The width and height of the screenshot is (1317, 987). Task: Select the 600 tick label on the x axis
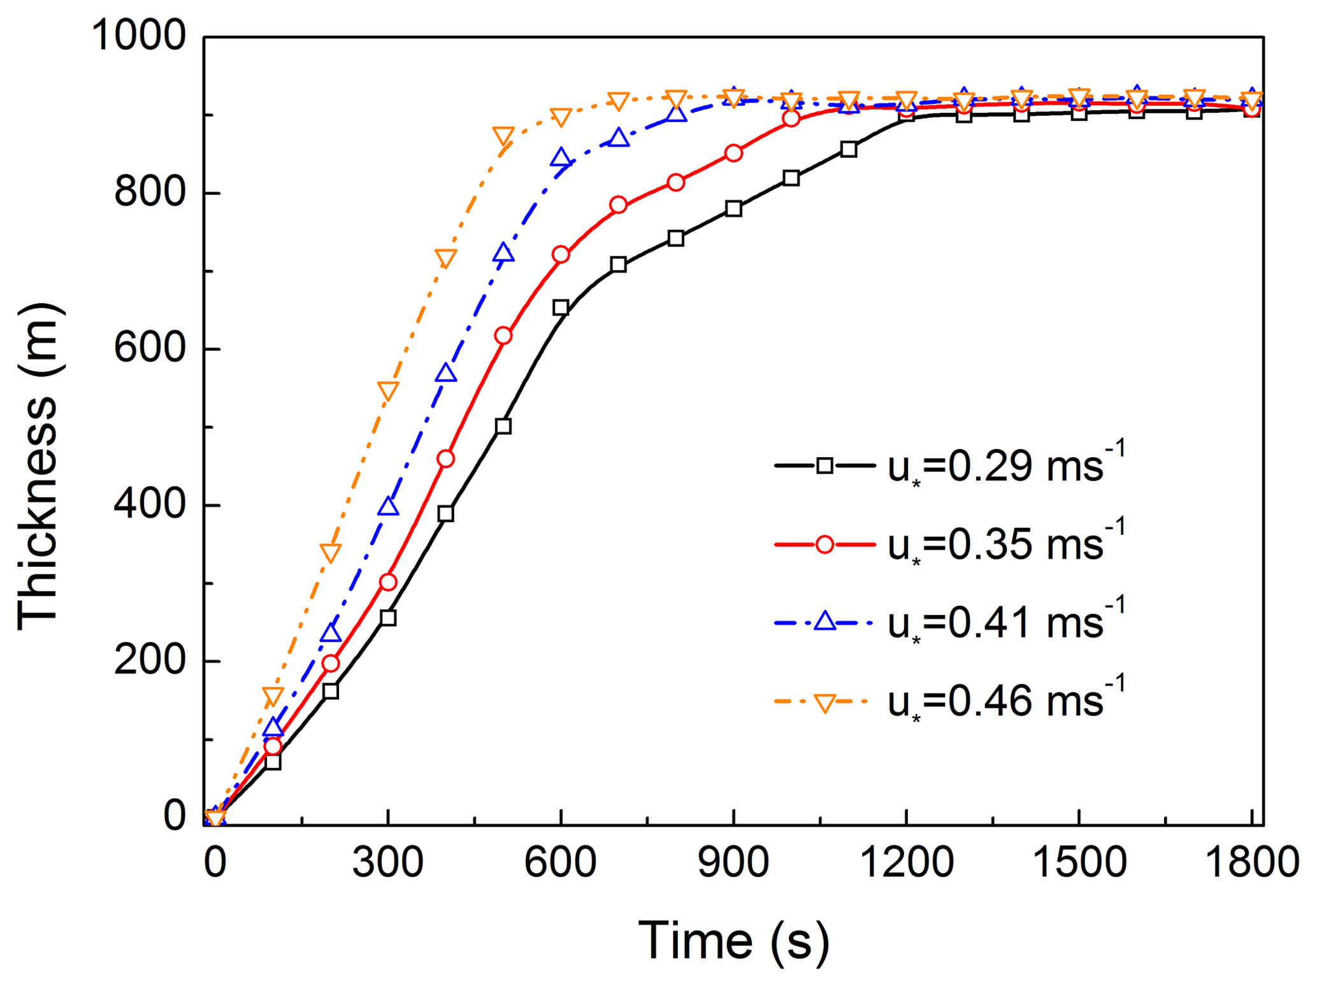[x=560, y=862]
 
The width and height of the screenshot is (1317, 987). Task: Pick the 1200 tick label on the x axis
[x=906, y=862]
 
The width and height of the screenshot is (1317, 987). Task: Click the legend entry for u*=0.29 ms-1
[x=949, y=466]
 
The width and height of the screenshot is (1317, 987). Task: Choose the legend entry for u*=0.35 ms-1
[x=949, y=545]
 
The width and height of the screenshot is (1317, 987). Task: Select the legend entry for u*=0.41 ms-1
[x=949, y=622]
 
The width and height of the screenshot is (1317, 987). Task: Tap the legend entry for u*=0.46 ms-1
[x=949, y=701]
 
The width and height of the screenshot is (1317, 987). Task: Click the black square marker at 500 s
[x=503, y=426]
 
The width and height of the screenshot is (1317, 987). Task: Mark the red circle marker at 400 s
[x=446, y=459]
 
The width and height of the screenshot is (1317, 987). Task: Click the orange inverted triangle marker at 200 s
[x=330, y=552]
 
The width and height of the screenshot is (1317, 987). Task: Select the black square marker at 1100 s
[x=849, y=149]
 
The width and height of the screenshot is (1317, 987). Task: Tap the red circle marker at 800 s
[x=676, y=183]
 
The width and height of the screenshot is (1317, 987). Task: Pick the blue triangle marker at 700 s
[x=619, y=138]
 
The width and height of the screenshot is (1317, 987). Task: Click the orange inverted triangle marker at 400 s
[x=446, y=259]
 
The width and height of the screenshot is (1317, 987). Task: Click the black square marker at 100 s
[x=273, y=762]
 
